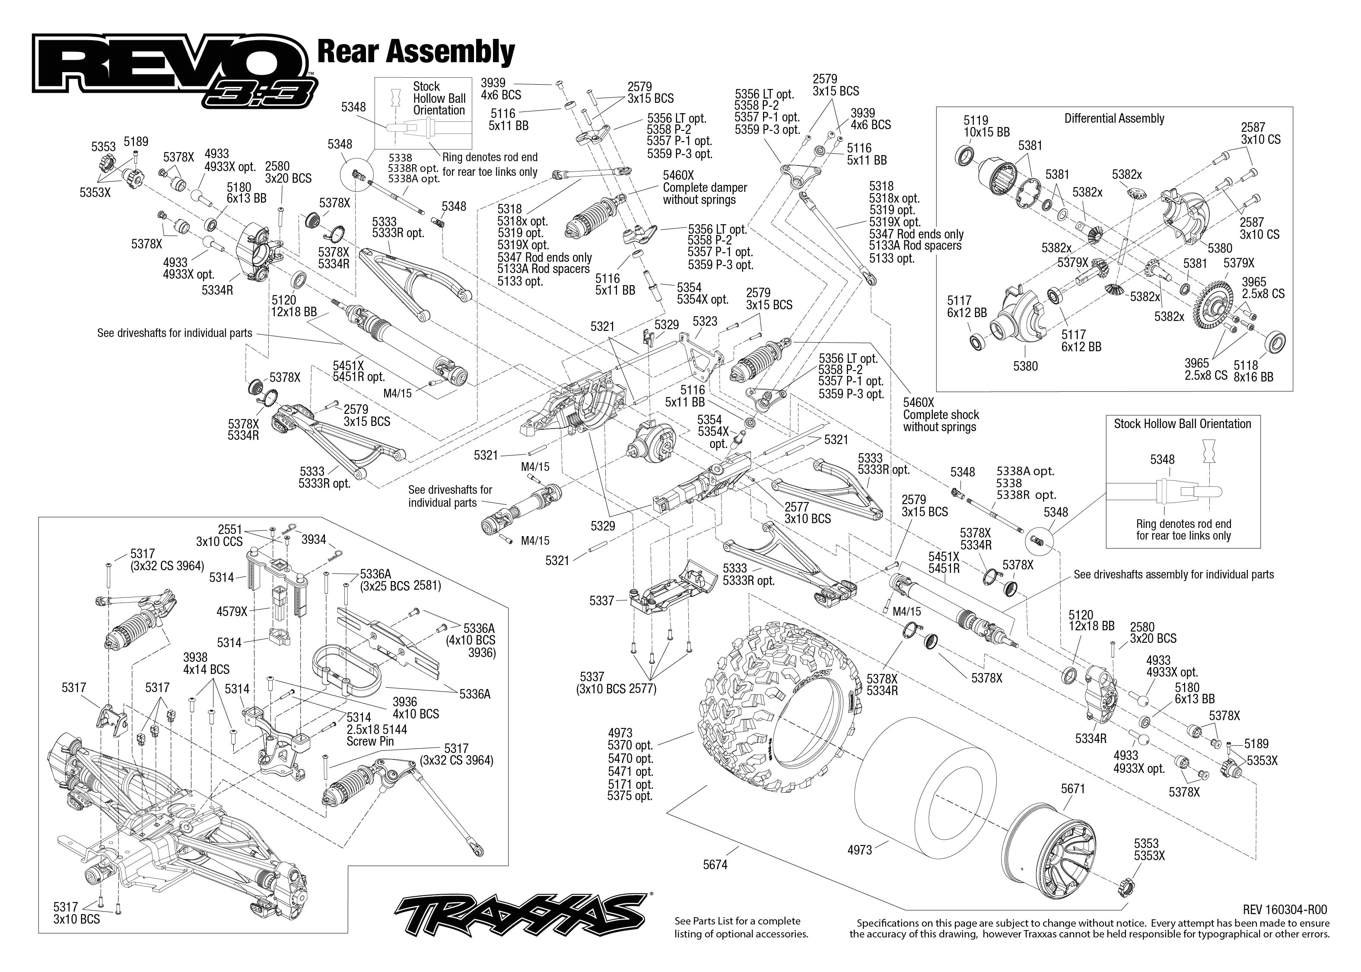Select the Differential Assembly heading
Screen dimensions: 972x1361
pos(1114,118)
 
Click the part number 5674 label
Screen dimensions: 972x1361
pos(715,864)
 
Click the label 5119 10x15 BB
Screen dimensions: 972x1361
pos(986,126)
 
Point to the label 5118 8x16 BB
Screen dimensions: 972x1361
pos(1253,371)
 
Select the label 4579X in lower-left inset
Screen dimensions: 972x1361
pos(232,611)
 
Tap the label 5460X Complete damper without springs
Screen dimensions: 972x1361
pos(704,187)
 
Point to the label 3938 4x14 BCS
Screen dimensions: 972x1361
pos(206,663)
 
